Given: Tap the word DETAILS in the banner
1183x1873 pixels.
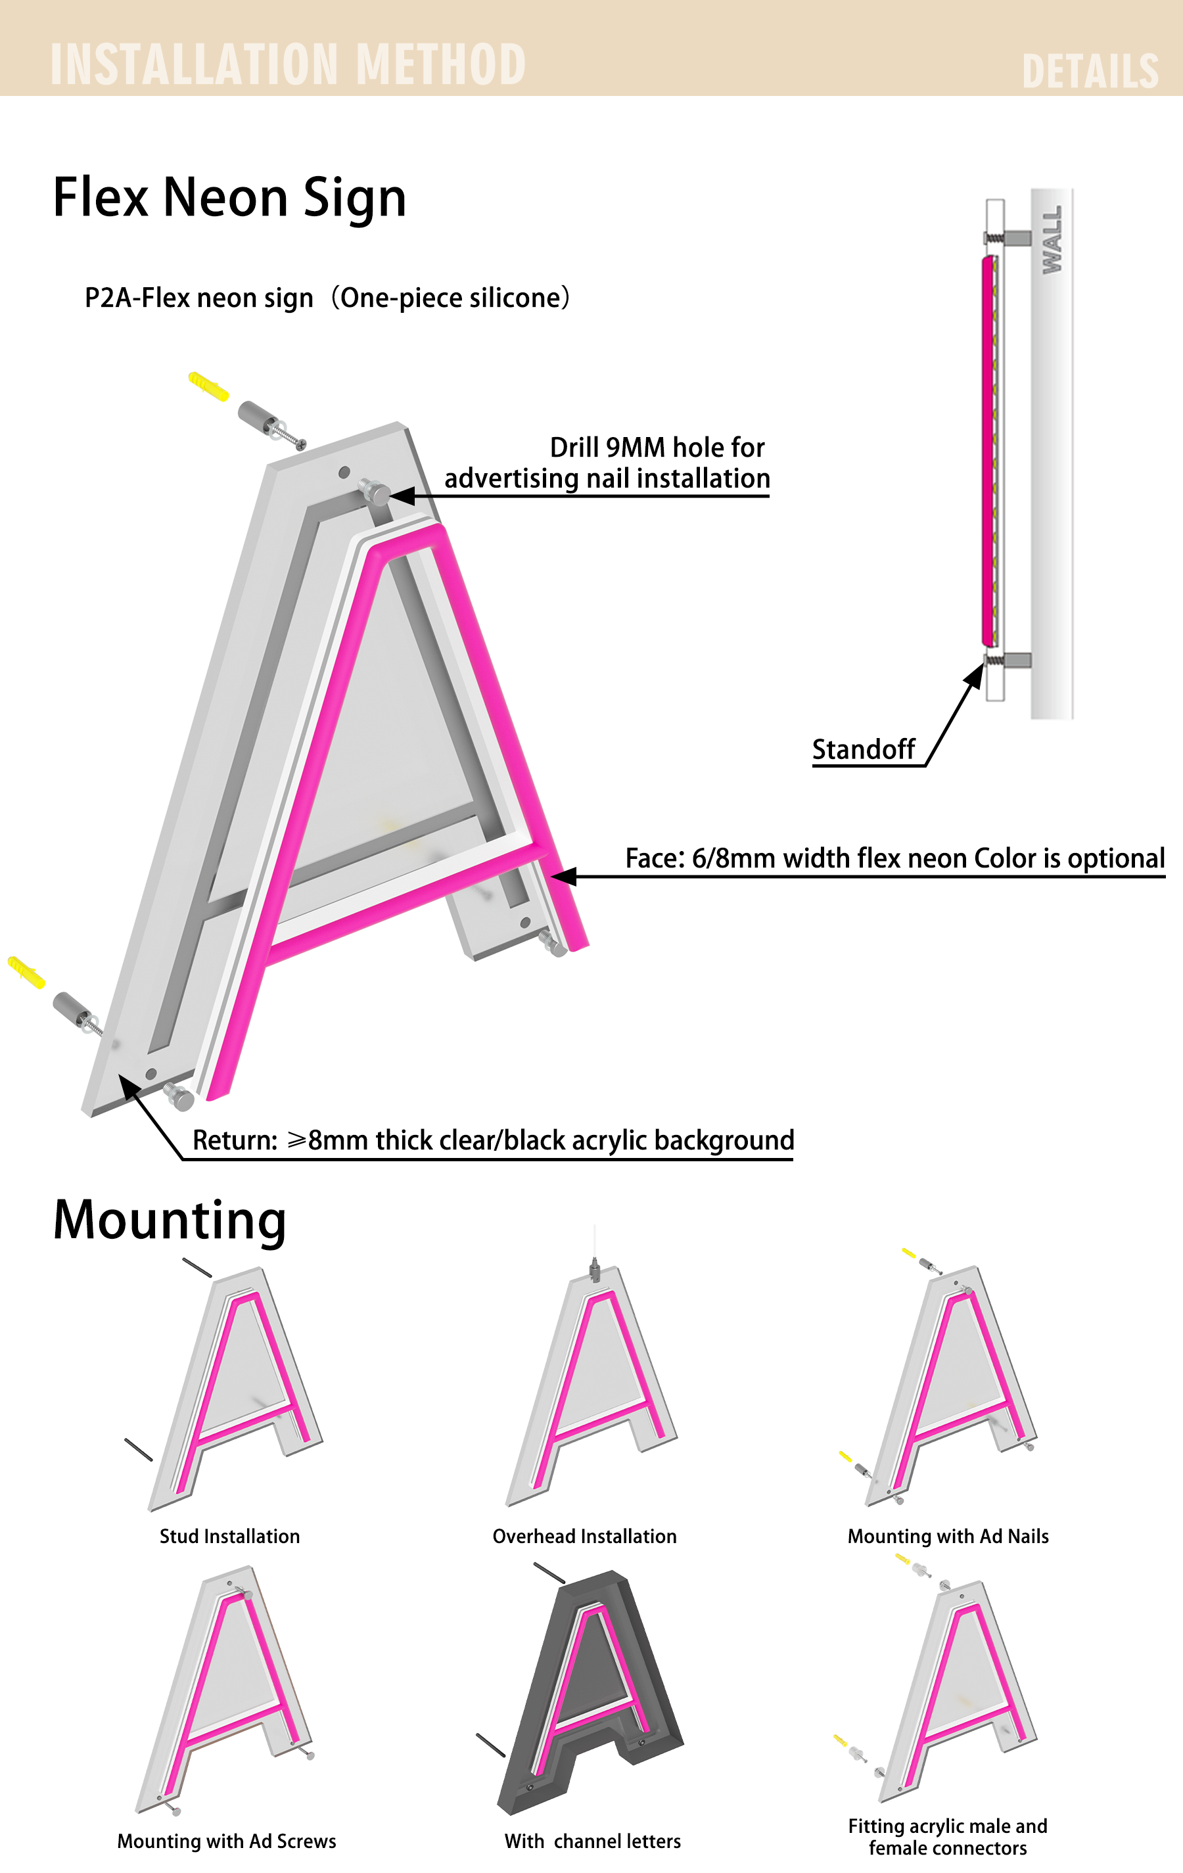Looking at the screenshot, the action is coord(1090,72).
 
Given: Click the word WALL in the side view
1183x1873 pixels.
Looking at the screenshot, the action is coord(1052,240).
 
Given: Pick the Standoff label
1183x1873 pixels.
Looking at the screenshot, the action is coord(864,749).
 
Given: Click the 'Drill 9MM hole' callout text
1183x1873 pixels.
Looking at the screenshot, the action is coord(607,463).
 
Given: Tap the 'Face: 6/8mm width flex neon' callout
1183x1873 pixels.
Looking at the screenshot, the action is coord(894,858).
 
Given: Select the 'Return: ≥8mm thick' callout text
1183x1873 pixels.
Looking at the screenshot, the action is coord(493,1140).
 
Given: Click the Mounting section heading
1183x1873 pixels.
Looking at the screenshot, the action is coord(170,1220).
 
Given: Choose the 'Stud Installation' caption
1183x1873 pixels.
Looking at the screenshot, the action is coord(229,1537).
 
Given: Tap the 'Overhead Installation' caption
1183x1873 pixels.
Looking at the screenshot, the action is coord(584,1537).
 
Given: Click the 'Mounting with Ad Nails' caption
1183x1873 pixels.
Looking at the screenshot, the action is coord(948,1537).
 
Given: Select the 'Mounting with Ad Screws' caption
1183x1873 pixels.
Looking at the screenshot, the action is coord(226,1841).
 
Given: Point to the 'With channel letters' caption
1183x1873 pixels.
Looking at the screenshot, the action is coord(592,1841).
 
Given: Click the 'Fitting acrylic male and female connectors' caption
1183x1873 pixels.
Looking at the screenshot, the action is coord(947,1836).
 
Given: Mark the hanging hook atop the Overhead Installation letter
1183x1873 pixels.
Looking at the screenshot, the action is coord(595,1270).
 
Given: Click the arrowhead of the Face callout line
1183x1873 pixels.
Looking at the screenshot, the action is coord(563,877).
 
